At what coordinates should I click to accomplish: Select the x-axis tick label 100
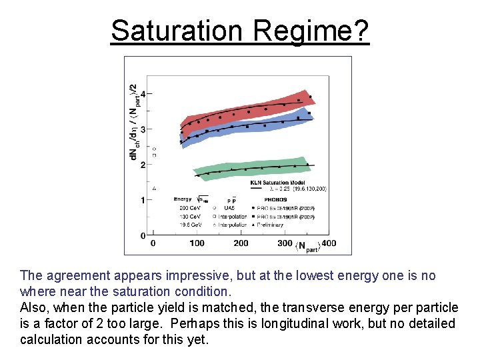(197, 243)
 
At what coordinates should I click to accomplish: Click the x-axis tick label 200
(241, 243)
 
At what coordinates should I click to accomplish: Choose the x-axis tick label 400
(329, 243)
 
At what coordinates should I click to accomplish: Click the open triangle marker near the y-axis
(155, 188)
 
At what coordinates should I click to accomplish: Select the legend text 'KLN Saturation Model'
(277, 182)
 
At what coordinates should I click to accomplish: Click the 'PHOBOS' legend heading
(275, 199)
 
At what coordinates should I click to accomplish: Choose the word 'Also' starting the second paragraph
(33, 308)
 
